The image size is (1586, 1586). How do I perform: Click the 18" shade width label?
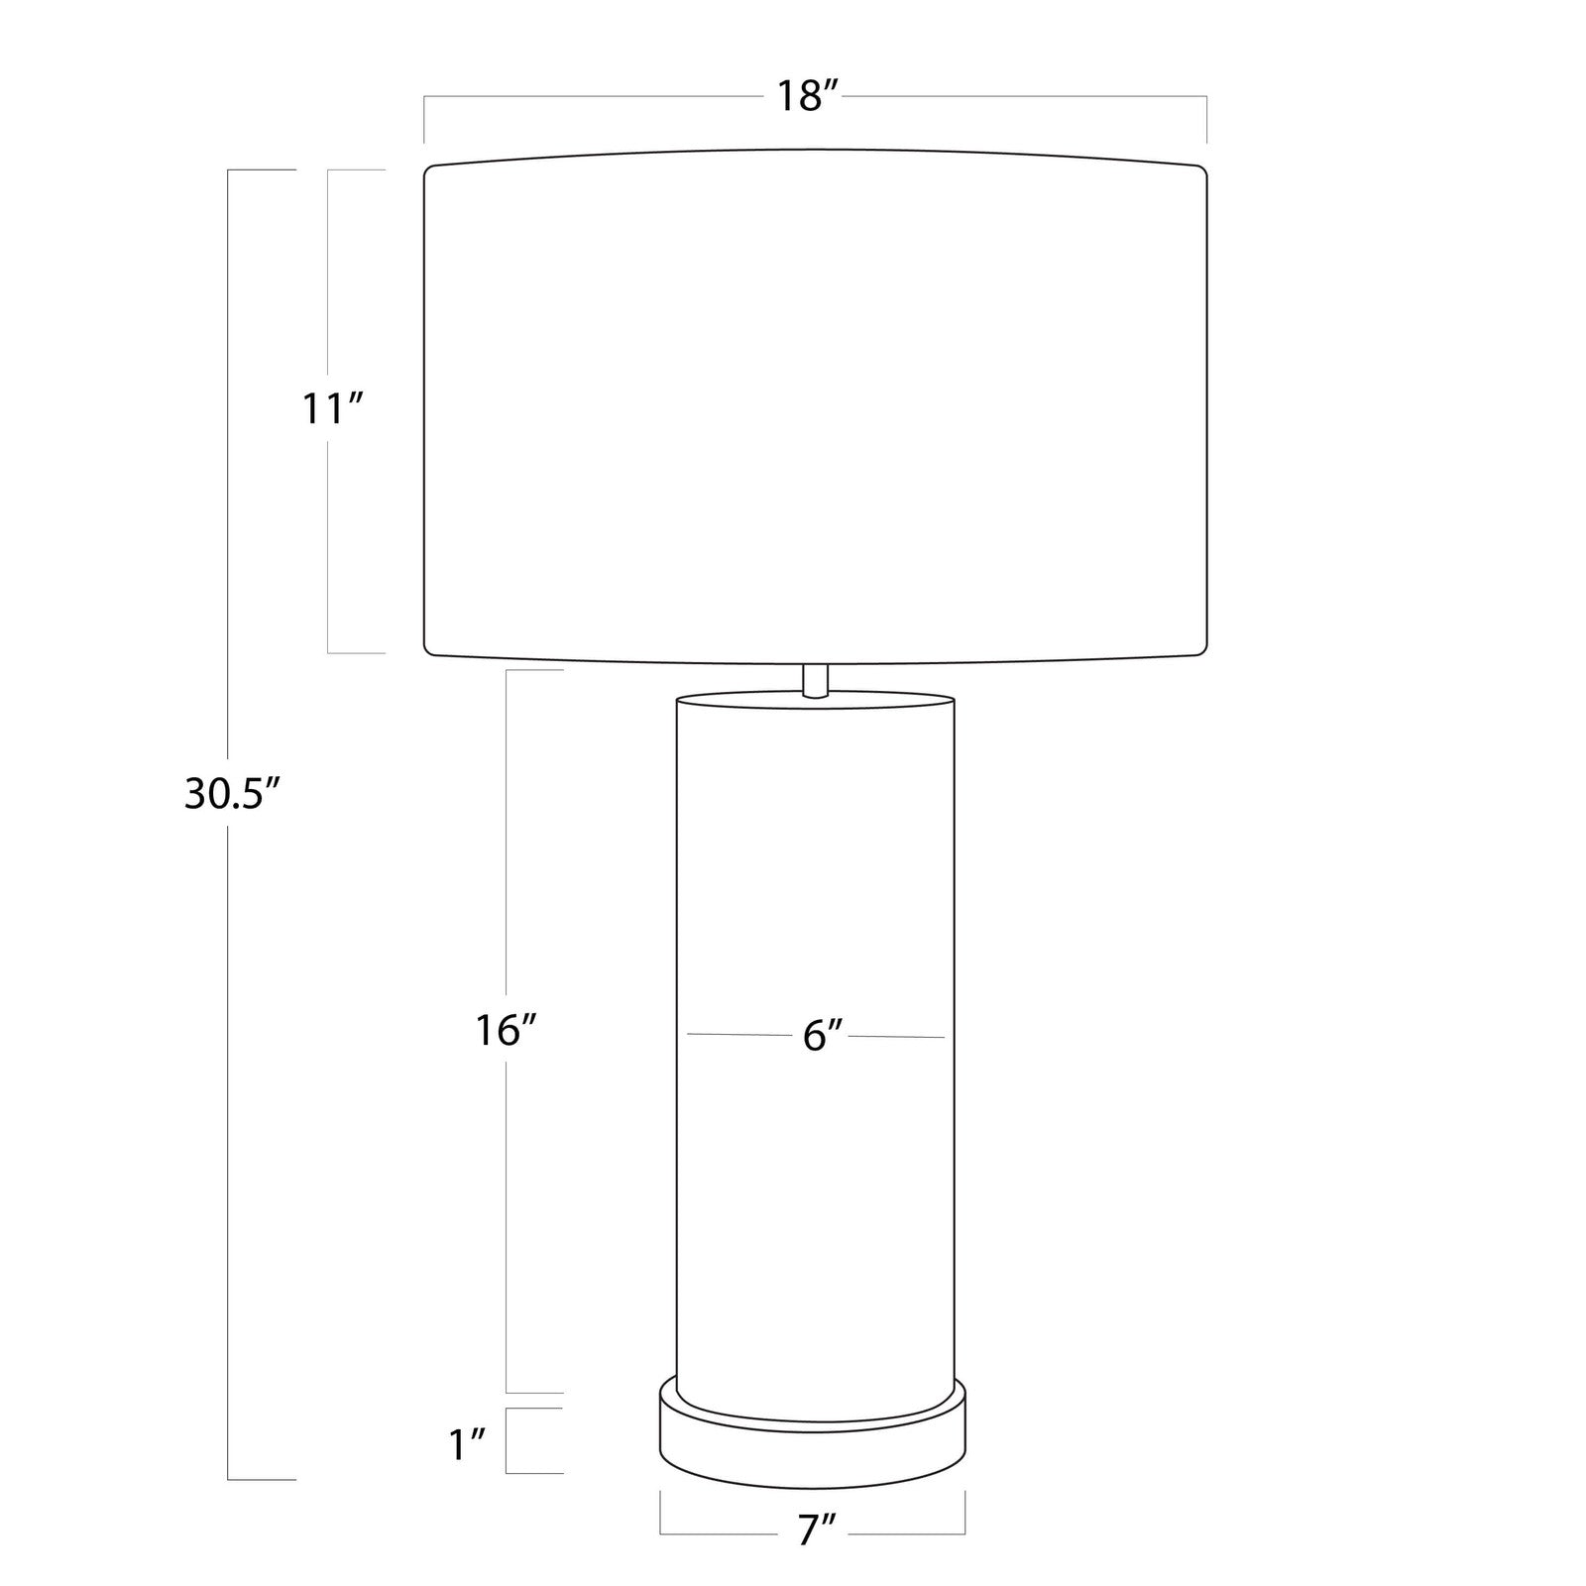808,97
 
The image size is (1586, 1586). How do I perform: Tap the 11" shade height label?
333,408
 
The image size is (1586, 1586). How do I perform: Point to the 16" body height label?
505,1031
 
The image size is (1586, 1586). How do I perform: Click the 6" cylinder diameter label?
823,1036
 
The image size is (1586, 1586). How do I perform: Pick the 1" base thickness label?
467,1444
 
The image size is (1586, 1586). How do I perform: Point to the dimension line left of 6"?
738,1035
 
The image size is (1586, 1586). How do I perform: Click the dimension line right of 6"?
897,1037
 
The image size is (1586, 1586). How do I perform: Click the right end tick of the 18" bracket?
1206,119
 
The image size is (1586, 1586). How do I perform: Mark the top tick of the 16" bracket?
535,671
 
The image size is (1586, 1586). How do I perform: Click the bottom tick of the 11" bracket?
357,653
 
